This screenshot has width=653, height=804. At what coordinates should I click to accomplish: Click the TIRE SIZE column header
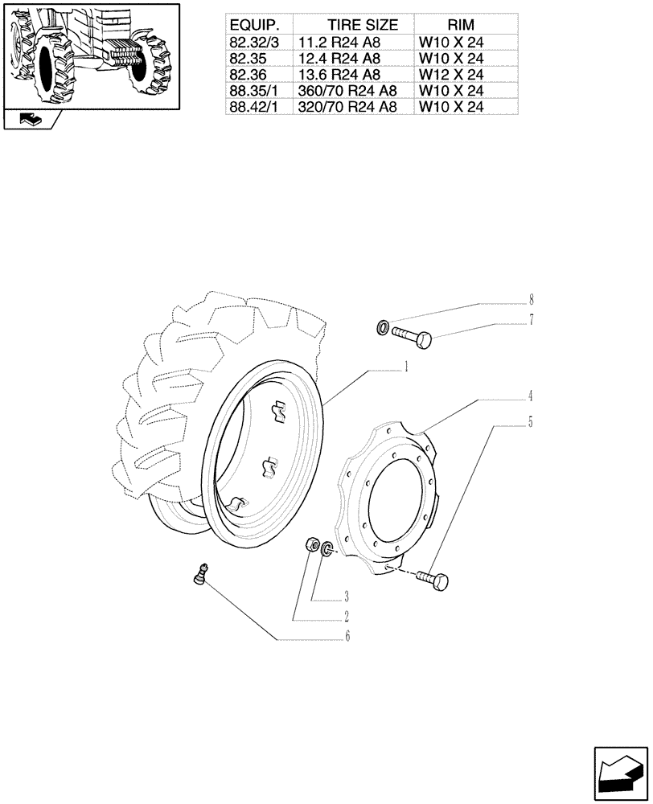(x=353, y=25)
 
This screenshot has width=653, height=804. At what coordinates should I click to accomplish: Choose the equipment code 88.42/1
(x=253, y=105)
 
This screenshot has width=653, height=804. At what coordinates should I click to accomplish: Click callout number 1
(x=408, y=367)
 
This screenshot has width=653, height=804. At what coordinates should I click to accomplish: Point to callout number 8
(x=532, y=301)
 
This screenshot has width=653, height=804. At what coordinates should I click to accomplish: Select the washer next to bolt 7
(x=384, y=327)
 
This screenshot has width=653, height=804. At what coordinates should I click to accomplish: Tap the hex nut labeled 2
(x=314, y=545)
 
